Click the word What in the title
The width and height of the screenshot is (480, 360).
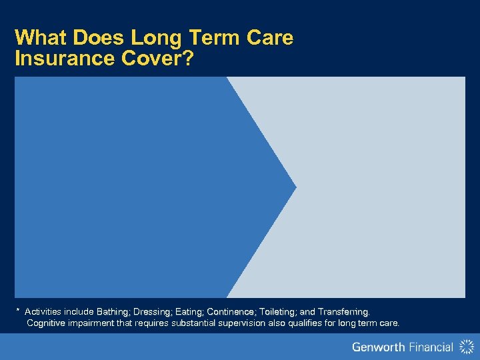pyautogui.click(x=38, y=37)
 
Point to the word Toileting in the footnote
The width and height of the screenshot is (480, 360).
pyautogui.click(x=278, y=312)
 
